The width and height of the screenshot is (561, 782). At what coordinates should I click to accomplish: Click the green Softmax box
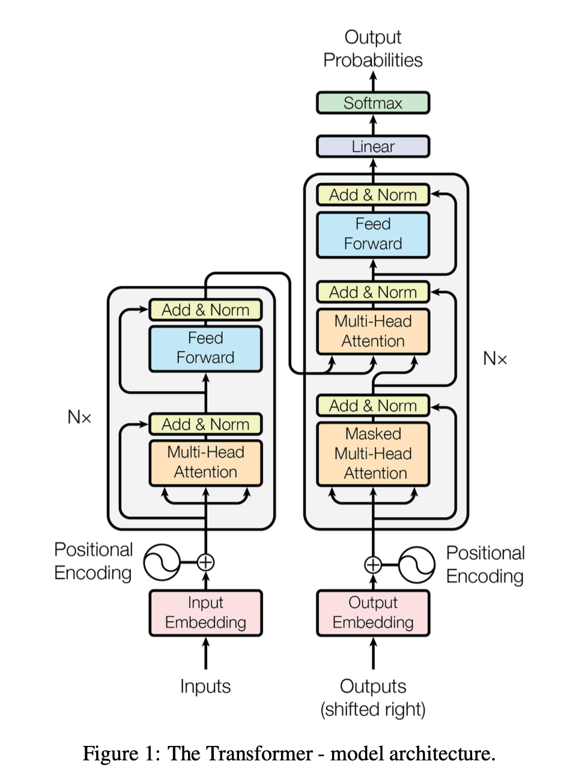click(x=373, y=103)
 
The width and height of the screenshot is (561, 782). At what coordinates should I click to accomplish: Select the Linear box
click(x=373, y=147)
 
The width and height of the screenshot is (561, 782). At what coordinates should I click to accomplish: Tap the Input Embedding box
click(x=205, y=613)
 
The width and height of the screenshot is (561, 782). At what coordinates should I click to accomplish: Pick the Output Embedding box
click(x=373, y=613)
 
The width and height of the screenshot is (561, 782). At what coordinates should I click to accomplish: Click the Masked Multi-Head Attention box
click(x=373, y=454)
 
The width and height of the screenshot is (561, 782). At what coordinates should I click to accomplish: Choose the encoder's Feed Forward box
click(x=205, y=348)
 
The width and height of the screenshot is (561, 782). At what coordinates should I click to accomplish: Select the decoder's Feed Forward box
click(x=373, y=234)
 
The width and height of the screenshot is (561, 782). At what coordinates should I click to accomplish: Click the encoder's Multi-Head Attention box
click(x=205, y=462)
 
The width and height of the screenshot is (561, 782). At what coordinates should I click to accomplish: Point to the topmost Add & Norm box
click(x=373, y=195)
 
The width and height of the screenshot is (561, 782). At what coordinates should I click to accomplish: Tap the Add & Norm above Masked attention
click(x=373, y=406)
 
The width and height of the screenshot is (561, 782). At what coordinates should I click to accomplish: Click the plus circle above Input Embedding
click(x=205, y=562)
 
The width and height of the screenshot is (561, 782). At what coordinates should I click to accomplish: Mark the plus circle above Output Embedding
click(x=373, y=565)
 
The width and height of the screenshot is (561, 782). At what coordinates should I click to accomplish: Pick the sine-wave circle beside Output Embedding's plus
click(x=417, y=565)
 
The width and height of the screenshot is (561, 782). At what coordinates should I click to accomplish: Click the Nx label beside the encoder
click(x=79, y=417)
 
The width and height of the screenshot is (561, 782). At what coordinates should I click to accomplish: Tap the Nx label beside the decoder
click(x=495, y=359)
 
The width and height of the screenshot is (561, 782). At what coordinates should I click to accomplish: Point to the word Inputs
click(x=205, y=687)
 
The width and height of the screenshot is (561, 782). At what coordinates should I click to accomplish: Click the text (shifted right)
click(x=373, y=709)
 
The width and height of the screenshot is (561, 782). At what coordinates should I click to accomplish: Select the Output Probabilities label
click(x=373, y=49)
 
